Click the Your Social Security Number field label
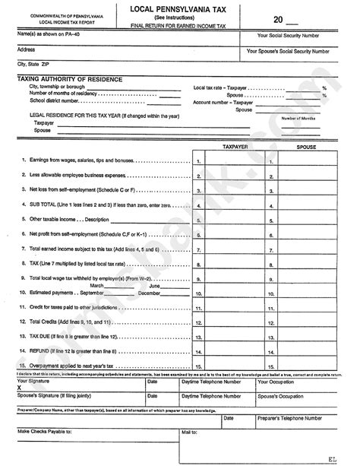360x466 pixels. click(x=293, y=36)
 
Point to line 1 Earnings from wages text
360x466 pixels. click(x=75, y=160)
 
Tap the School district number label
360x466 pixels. click(x=56, y=100)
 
